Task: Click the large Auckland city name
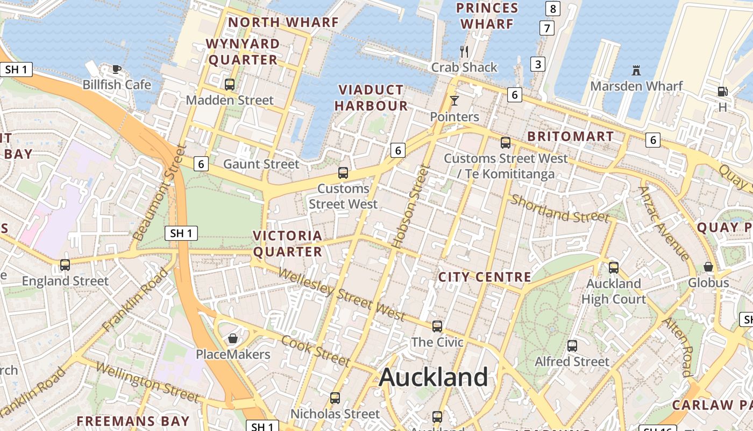(x=434, y=377)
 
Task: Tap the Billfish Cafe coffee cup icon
(x=116, y=69)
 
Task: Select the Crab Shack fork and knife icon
(x=464, y=52)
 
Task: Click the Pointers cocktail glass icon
(x=454, y=101)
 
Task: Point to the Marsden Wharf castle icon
(x=636, y=71)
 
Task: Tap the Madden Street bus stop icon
(x=230, y=85)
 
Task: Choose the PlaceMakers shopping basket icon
(x=233, y=338)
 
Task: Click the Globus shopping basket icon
(x=708, y=267)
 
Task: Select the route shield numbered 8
(x=553, y=9)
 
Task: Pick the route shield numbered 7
(x=547, y=28)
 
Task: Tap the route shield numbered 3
(x=537, y=64)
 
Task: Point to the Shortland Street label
(x=560, y=208)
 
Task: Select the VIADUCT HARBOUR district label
(x=371, y=98)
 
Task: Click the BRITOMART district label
(x=571, y=136)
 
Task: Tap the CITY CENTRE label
(x=485, y=277)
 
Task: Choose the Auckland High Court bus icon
(x=613, y=267)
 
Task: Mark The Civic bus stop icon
(x=437, y=326)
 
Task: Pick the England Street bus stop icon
(x=65, y=265)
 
